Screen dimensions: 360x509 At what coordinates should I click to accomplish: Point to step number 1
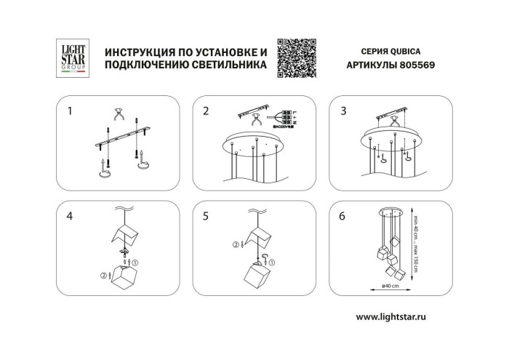[x=70, y=111]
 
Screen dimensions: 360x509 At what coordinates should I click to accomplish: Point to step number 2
[x=206, y=111]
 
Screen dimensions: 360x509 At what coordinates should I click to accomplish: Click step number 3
[x=342, y=111]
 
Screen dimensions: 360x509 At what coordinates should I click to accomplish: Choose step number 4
[x=70, y=216]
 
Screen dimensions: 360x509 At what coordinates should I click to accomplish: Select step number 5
[x=206, y=216]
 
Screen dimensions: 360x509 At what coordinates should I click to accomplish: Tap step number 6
[x=342, y=216]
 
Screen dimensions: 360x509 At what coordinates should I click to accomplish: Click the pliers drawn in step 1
[x=119, y=116]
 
